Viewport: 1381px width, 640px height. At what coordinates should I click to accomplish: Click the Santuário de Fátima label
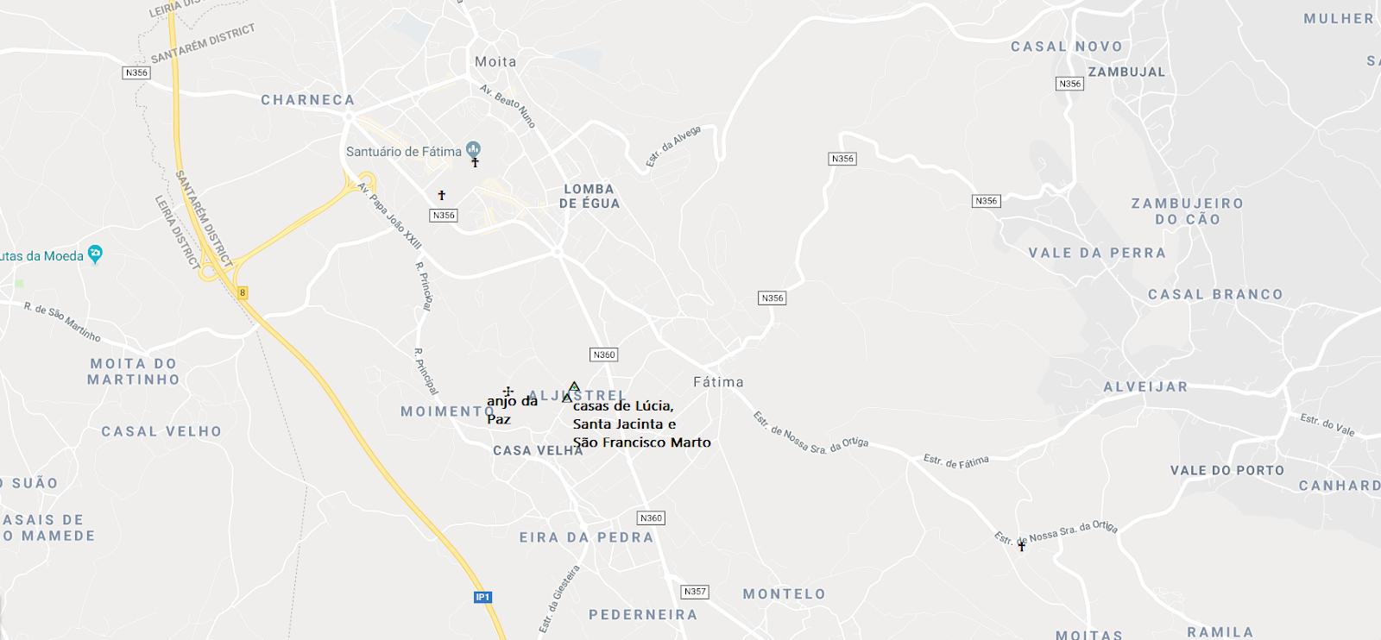404,152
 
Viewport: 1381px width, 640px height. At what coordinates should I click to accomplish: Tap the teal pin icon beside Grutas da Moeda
95,254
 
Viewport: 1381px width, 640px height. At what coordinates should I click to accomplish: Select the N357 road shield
695,592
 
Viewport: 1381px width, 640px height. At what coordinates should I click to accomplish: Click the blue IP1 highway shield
482,597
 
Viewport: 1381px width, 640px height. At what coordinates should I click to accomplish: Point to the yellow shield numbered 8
243,292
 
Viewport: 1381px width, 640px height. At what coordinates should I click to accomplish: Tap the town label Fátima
718,382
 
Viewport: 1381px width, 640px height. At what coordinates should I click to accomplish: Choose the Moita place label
495,62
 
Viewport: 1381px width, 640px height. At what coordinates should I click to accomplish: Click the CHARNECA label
308,100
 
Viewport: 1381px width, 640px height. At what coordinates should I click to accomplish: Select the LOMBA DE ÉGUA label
590,197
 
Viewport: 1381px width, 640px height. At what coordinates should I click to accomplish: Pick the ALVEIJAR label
1145,387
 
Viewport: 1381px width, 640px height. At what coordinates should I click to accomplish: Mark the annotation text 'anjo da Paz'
511,410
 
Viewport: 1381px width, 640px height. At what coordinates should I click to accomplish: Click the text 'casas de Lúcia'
623,406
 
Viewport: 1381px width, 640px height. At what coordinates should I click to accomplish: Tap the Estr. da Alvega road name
673,146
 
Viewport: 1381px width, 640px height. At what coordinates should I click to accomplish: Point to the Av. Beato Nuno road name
508,106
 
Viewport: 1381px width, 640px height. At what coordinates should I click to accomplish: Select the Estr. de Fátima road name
956,461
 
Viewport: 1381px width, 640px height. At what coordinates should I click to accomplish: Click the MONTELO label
785,594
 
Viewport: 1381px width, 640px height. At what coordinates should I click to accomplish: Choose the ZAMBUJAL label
1126,72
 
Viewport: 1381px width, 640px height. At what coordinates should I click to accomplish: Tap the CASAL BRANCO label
1215,295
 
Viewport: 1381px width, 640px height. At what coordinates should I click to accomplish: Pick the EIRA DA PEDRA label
586,537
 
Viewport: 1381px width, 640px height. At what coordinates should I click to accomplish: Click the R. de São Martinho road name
62,322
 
